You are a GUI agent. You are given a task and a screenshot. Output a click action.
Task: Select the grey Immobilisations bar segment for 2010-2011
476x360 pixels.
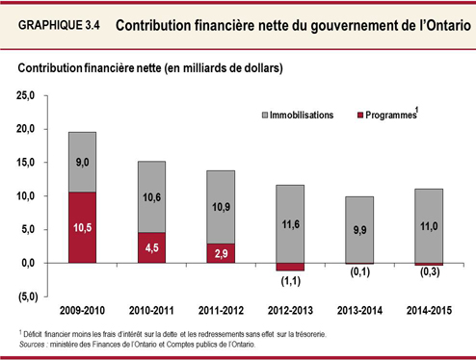[x=151, y=196]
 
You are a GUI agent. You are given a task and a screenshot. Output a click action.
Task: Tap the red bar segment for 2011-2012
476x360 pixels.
[x=221, y=252]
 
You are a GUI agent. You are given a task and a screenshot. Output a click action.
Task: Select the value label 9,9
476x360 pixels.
[x=359, y=231]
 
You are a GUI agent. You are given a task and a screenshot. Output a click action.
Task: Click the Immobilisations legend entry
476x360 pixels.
[x=301, y=115]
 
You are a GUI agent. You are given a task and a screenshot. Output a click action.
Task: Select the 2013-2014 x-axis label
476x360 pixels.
[x=359, y=313]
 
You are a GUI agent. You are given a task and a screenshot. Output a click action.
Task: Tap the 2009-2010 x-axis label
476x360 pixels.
[x=82, y=313]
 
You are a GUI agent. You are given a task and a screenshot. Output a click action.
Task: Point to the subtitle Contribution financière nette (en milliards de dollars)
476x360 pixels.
[x=145, y=69]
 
